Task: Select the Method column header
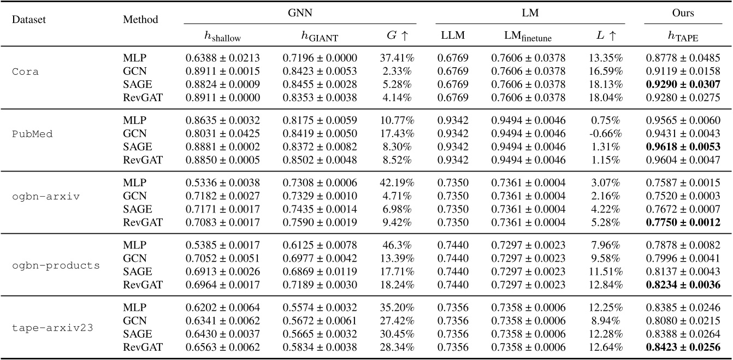click(141, 20)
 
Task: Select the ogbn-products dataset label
click(56, 265)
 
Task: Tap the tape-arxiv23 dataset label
click(52, 328)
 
